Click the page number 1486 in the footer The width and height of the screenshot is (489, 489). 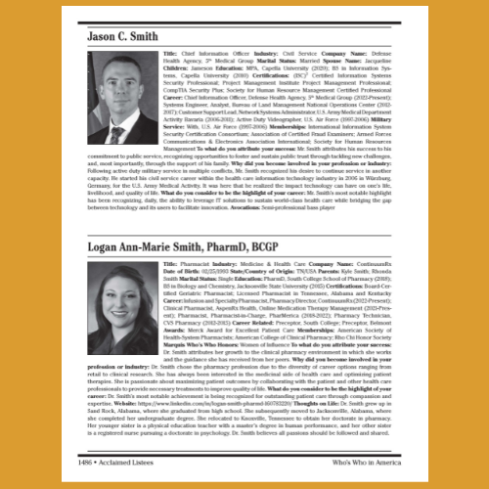pos(98,461)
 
